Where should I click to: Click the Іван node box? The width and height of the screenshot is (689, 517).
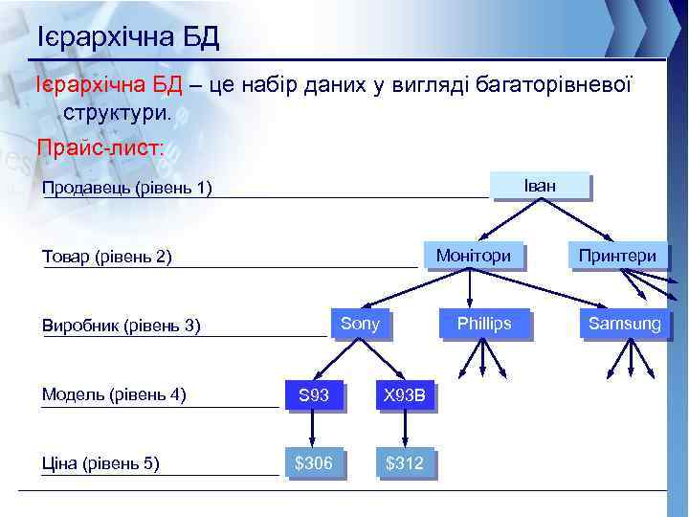click(540, 185)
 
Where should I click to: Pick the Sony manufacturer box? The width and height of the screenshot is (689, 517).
click(360, 324)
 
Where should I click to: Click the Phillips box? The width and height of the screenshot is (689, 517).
click(484, 324)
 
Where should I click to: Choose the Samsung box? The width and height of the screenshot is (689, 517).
click(624, 324)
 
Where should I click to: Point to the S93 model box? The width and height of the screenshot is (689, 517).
click(313, 393)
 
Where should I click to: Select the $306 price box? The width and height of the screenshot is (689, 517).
click(313, 463)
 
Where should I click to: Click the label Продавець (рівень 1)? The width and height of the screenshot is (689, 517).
click(126, 187)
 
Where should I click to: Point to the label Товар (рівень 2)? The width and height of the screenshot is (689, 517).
click(107, 257)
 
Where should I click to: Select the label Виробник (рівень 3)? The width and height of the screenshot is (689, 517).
click(122, 326)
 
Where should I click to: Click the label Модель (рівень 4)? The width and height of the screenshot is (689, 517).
click(114, 393)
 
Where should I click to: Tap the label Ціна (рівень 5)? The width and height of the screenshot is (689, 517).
click(100, 464)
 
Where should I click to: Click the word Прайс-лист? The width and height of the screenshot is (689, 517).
click(100, 148)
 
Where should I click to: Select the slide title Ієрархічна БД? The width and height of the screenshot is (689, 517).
click(128, 37)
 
